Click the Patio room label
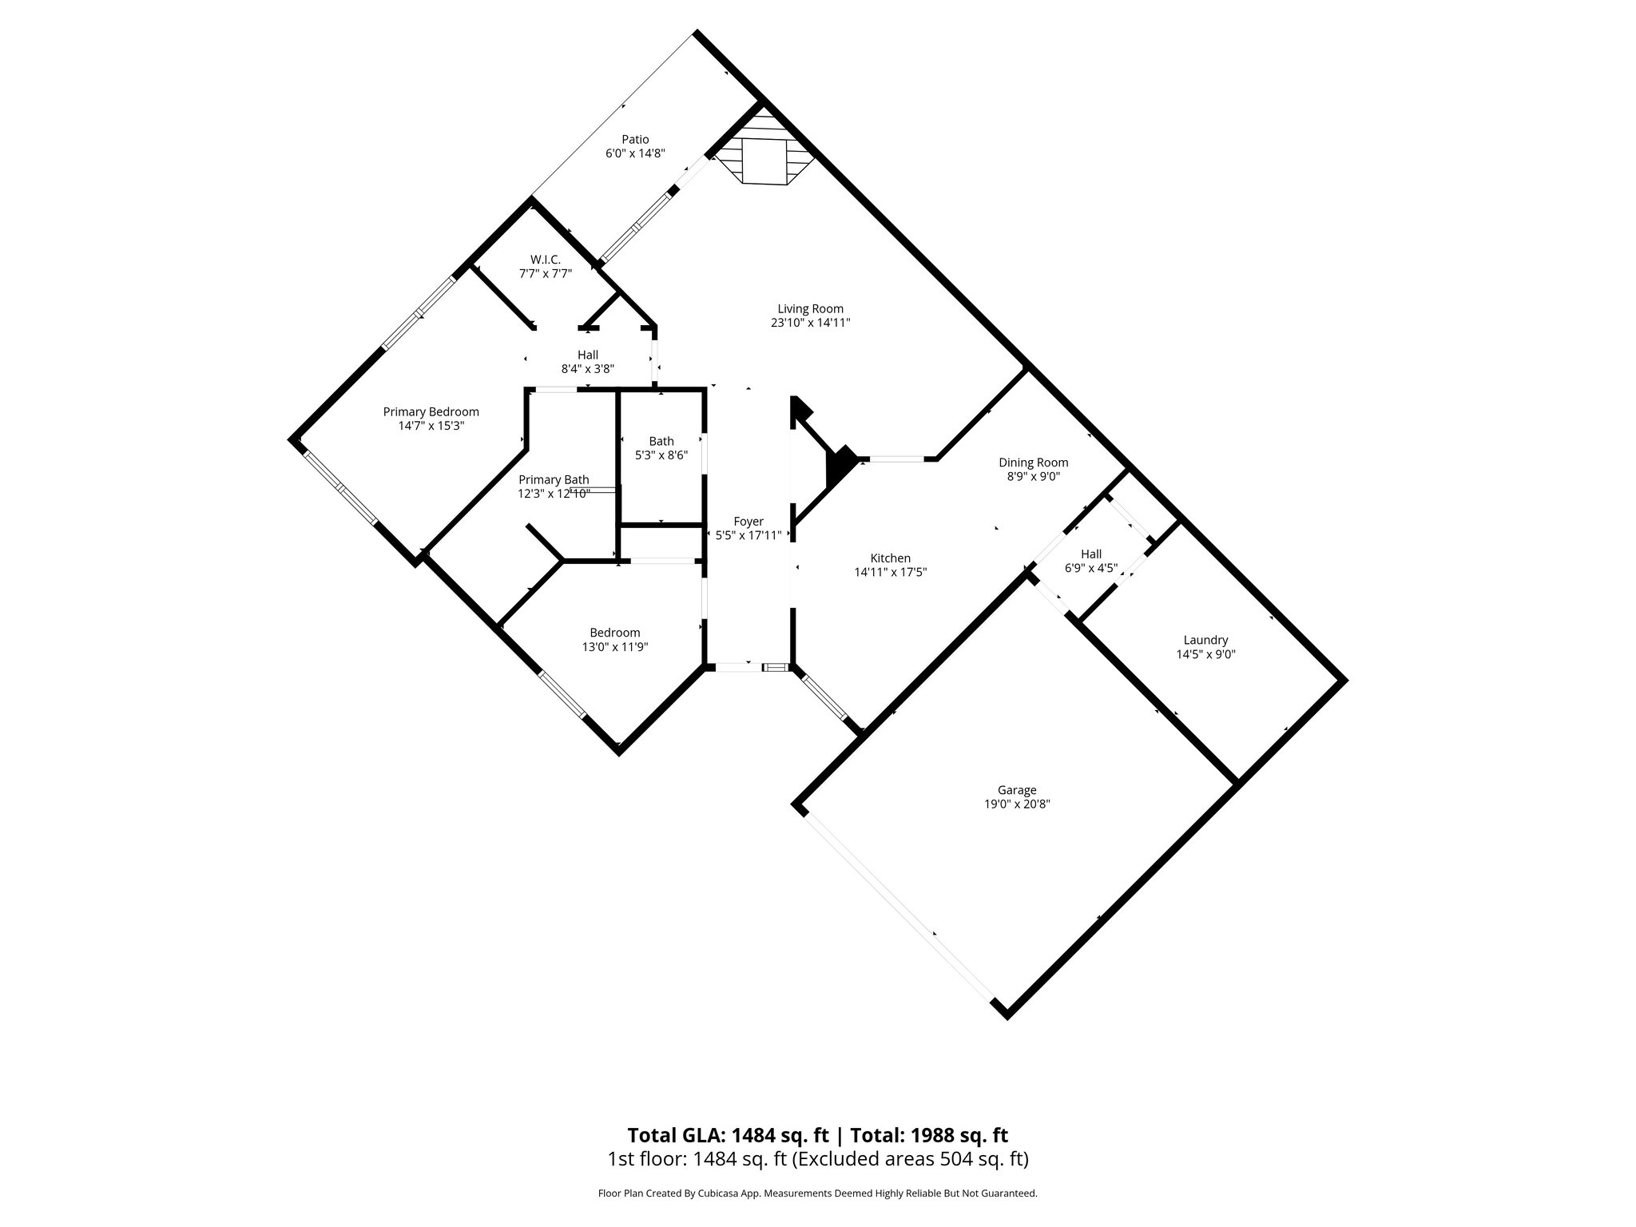click(635, 140)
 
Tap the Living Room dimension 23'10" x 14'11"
click(810, 324)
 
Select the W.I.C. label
click(545, 260)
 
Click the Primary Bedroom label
click(431, 412)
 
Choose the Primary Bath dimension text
click(554, 494)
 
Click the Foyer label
click(749, 522)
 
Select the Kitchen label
click(890, 558)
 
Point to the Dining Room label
click(1033, 463)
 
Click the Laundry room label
click(1205, 640)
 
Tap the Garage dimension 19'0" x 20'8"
click(1016, 804)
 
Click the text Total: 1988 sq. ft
click(928, 1135)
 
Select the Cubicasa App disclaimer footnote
click(817, 1193)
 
